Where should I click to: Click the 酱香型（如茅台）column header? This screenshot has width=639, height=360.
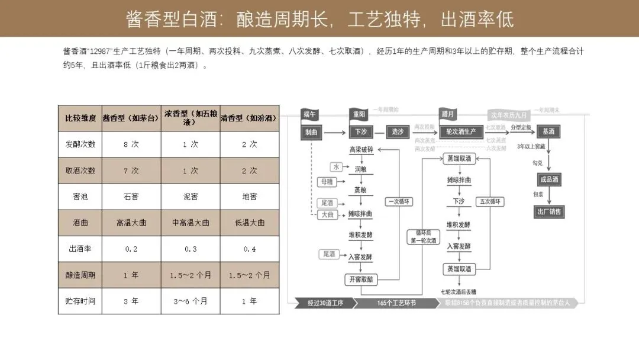(x=131, y=118)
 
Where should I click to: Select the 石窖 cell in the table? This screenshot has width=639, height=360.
(x=131, y=196)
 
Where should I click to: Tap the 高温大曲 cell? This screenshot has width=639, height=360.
(x=131, y=223)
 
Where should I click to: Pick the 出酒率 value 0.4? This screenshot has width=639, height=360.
(x=249, y=249)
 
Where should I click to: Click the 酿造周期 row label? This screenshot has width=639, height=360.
(x=80, y=275)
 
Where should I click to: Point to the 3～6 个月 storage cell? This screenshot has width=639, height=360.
(x=190, y=301)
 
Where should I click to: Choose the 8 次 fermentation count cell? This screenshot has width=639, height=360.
(x=131, y=144)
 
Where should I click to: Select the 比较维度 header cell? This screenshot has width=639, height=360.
(x=80, y=118)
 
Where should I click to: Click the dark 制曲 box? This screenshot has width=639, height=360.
(x=311, y=132)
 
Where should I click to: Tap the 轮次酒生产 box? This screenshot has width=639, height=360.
(x=460, y=131)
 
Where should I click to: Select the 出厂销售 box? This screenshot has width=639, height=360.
(x=549, y=211)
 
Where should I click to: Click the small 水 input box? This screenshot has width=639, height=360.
(x=337, y=167)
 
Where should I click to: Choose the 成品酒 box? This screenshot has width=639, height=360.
(x=549, y=179)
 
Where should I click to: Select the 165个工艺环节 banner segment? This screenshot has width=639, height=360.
(x=396, y=303)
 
